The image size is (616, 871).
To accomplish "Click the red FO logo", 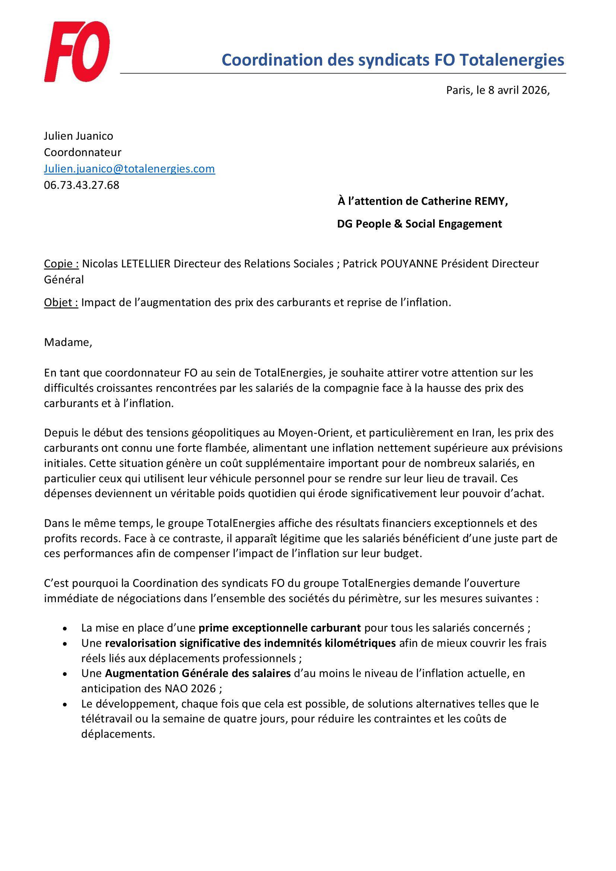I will (77, 52).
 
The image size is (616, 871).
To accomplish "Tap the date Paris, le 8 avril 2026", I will (497, 90).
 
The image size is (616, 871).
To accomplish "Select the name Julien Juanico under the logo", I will (79, 136).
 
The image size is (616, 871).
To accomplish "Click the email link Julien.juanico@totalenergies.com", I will (129, 168).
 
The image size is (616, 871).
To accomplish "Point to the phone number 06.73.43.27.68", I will (82, 185).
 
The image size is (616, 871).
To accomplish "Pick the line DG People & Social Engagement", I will (419, 224).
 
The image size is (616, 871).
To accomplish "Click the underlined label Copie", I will (61, 263).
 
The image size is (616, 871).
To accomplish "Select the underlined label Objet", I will (61, 302).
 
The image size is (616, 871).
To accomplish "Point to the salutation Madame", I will (68, 342).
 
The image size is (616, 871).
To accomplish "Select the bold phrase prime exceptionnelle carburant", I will (280, 628).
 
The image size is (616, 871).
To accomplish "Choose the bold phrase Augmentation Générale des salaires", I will (198, 673).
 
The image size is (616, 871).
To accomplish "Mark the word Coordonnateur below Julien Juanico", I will (83, 152).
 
